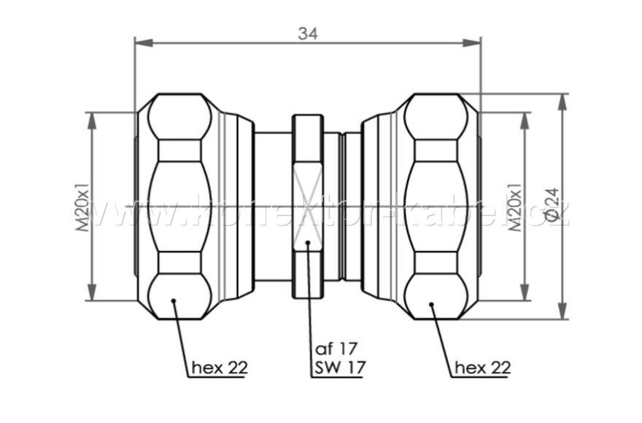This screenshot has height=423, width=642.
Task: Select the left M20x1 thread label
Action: pos(83,207)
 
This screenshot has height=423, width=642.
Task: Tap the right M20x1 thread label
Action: pos(515,207)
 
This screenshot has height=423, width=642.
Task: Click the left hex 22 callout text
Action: pos(219,368)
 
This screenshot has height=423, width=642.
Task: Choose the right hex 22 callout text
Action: pos(482,368)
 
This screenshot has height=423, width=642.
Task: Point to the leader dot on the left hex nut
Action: pos(174,300)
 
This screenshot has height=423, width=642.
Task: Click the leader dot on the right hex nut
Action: pos(431,304)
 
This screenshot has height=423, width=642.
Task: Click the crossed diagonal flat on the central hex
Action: pos(308,207)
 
